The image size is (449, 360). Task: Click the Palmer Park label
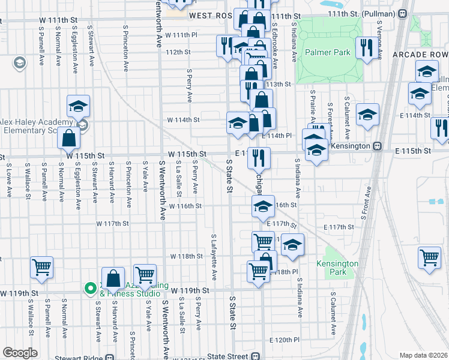click(327, 53)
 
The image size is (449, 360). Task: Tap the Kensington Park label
click(337, 268)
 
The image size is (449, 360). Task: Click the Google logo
click(20, 353)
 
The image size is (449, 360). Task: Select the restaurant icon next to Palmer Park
click(366, 47)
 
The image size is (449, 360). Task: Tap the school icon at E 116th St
click(262, 207)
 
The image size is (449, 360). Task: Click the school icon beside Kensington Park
click(292, 245)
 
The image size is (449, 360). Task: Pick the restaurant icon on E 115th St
click(259, 158)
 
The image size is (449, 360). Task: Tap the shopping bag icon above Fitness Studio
click(113, 278)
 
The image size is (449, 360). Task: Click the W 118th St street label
click(186, 256)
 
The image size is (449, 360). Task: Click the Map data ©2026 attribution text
click(424, 355)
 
